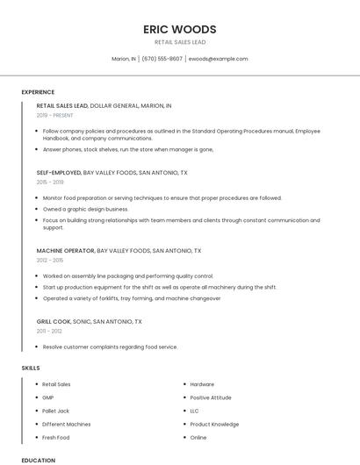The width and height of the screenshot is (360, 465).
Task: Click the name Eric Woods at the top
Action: point(180,29)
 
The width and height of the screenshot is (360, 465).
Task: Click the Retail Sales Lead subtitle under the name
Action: point(180,42)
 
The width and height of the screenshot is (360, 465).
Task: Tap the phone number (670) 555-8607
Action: point(162,59)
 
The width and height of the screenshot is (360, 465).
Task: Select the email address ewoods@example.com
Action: point(219,59)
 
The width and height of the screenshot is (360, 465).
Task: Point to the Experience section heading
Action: point(38,92)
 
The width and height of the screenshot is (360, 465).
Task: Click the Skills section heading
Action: point(31,368)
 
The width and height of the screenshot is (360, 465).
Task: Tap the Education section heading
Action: point(38,460)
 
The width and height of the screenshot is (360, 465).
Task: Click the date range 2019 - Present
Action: point(55,115)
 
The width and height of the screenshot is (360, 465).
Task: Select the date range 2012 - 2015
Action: point(50,261)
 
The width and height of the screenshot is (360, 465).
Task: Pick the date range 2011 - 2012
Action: point(49,331)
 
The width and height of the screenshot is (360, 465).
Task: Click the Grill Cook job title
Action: point(54,321)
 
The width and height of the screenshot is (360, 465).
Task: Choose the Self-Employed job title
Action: point(59,173)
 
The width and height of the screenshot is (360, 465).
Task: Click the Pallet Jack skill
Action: point(55,411)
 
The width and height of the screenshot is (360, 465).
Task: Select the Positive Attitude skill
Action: point(211,397)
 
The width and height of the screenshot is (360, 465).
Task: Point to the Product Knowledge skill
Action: point(214,424)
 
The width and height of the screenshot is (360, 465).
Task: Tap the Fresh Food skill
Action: point(55,437)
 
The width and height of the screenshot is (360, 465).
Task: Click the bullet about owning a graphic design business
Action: point(85,209)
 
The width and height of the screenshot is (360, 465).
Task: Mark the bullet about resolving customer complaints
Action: point(110,347)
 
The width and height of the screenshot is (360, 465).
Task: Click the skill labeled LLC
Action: point(194,411)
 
